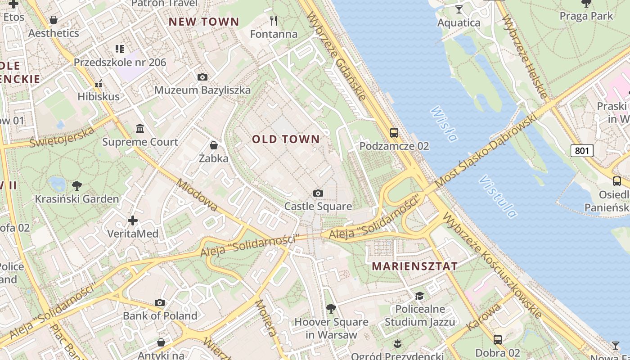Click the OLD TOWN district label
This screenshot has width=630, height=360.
tap(286, 139)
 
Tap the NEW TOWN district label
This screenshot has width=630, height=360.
tap(204, 22)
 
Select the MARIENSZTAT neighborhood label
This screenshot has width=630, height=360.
tap(414, 266)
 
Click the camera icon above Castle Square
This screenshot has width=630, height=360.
tap(318, 193)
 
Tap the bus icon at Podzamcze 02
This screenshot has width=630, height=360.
tap(394, 133)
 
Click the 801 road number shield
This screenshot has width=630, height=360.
tap(582, 151)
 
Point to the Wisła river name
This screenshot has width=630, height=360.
tap(443, 123)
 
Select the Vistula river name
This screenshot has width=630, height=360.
tap(498, 197)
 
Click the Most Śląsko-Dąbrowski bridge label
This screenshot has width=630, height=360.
tap(486, 151)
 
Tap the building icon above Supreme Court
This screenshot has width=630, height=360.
tap(140, 129)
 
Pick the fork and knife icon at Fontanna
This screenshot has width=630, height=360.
tap(274, 20)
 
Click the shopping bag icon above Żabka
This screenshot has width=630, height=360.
tap(214, 145)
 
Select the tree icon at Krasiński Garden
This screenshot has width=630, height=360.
tap(77, 185)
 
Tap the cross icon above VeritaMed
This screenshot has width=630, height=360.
tap(133, 220)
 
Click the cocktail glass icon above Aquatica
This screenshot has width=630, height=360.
tap(459, 9)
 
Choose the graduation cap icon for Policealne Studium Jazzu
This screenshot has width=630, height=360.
tap(419, 296)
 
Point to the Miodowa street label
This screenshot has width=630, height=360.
tap(197, 195)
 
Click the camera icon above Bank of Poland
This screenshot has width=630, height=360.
tap(160, 302)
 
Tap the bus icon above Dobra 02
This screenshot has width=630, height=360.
tap(498, 340)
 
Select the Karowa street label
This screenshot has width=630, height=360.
tap(484, 317)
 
